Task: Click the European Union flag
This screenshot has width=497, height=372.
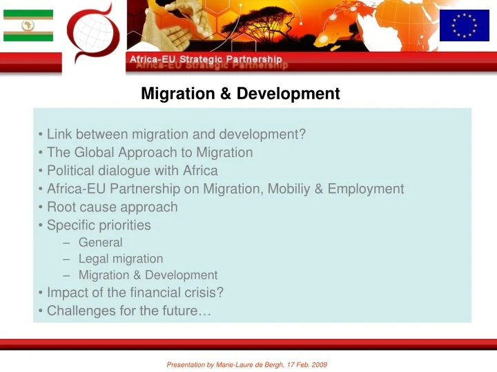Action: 464,25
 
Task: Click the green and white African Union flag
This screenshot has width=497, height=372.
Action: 28,25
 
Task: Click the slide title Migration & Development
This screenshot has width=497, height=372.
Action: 240,94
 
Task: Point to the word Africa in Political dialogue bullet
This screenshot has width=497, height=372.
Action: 200,170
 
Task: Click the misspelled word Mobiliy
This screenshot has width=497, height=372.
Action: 286,189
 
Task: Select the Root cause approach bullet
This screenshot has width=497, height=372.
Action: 112,207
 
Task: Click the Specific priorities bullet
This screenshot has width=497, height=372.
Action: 99,225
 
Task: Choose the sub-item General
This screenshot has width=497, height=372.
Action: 100,242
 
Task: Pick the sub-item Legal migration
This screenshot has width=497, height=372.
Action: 121,259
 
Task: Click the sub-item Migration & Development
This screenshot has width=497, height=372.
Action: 148,276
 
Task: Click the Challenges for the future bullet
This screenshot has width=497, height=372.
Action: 128,311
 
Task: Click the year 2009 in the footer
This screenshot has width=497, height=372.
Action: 318,364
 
